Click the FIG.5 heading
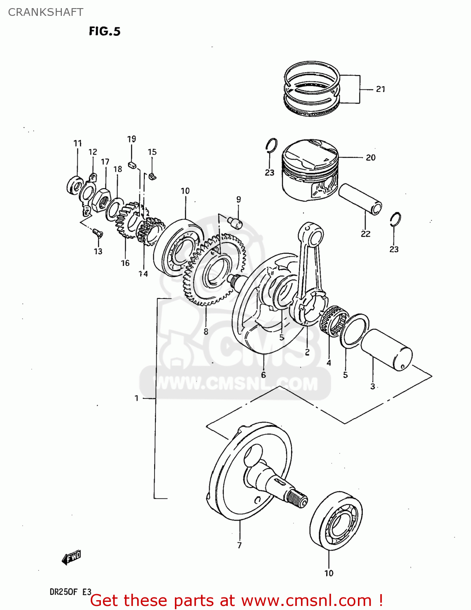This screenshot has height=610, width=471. [x=105, y=31]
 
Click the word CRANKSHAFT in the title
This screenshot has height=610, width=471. [x=46, y=12]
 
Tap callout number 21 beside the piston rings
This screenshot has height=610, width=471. [x=380, y=89]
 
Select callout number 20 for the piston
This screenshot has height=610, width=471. [x=371, y=158]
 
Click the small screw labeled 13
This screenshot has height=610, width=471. [x=98, y=233]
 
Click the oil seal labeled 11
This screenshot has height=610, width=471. [x=75, y=185]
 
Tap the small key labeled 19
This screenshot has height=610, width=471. [x=131, y=165]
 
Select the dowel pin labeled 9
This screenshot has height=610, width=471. [x=235, y=222]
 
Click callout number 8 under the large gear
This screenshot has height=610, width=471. [x=206, y=332]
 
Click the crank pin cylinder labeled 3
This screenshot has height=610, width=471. [x=386, y=349]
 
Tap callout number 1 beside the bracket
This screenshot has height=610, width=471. [x=137, y=398]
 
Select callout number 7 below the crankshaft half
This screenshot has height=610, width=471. [x=240, y=545]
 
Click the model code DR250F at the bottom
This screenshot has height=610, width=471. [x=63, y=592]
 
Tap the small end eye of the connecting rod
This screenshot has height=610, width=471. [x=311, y=234]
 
